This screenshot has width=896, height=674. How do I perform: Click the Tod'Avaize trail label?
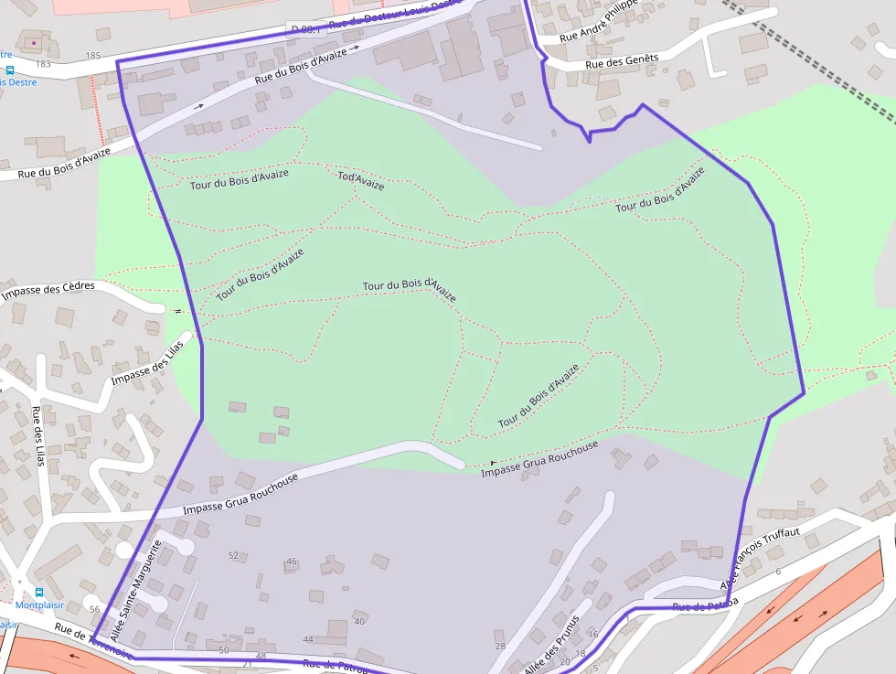pos(361,180)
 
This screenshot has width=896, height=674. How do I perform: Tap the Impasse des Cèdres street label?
pos(48,291)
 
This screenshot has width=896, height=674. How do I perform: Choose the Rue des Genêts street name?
pos(622,61)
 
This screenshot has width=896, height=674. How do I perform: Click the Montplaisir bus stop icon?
pos(38,592)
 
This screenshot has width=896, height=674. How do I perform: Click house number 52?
pos(233,556)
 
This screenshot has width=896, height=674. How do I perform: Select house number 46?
pos(292,562)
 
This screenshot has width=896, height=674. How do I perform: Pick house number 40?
pos(359,622)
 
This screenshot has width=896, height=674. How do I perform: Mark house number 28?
pos(500,646)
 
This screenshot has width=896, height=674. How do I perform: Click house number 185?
pos(92,56)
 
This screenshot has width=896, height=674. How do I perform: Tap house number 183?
pos(43,64)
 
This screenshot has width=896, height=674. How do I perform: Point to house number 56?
pos(94,609)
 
